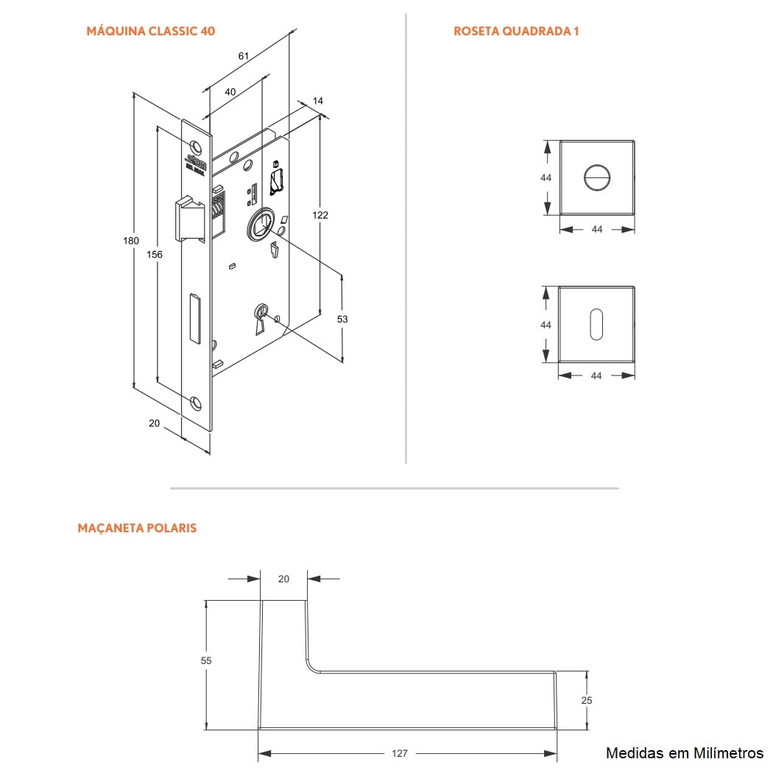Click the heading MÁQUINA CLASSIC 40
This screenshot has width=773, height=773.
tap(150, 32)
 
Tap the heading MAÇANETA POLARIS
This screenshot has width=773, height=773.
tap(137, 528)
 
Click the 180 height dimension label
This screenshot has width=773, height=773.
tap(130, 241)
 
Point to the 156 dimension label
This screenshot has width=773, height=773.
tap(155, 254)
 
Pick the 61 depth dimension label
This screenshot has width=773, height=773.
tap(244, 56)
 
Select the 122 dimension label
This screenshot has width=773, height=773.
tap(320, 215)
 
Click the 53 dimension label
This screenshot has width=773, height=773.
tap(342, 319)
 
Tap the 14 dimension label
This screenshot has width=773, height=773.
tap(318, 101)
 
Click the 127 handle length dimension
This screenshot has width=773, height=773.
tap(400, 753)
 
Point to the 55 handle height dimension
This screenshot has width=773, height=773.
tap(206, 660)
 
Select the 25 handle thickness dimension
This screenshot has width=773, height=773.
tap(587, 700)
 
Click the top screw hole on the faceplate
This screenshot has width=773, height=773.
tap(195, 144)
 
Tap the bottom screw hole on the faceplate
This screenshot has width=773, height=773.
tap(195, 401)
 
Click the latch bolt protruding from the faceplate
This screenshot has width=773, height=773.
tap(188, 218)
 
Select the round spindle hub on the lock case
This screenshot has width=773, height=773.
tap(260, 224)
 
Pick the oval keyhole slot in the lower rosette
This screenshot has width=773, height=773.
tap(596, 324)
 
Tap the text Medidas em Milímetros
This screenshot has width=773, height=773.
tap(685, 752)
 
